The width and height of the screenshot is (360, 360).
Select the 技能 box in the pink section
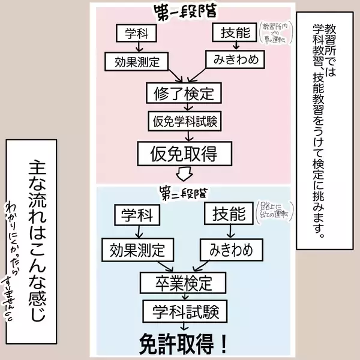pyautogui.click(x=235, y=33)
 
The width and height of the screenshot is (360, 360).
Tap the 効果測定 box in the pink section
pyautogui.click(x=136, y=61)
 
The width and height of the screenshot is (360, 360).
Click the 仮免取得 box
pyautogui.click(x=183, y=154)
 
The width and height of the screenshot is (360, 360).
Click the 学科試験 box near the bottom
pyautogui.click(x=184, y=310)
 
